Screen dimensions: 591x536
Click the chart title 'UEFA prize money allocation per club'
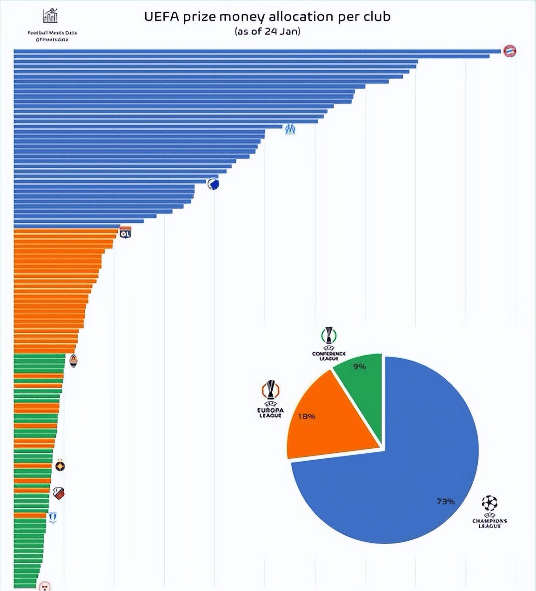pos(267,17)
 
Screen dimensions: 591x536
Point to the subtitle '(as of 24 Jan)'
pos(267,32)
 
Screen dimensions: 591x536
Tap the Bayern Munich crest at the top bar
pos(509,51)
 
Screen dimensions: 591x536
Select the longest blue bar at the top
pos(256,51)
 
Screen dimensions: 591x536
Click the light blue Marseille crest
pos(290,128)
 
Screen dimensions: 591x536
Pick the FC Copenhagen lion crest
pos(213,184)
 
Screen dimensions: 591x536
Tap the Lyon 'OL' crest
pos(125,232)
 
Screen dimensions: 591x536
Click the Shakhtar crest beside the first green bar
pos(73,361)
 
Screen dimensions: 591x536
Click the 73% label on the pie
pos(445,501)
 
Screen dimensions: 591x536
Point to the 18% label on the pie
pos(306,416)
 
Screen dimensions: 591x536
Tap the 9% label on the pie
pos(359,367)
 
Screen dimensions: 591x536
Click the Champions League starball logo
pos(489,503)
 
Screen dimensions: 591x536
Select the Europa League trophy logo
pos(270,390)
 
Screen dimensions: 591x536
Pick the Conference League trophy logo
pos(329,335)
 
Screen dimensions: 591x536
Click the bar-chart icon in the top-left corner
pos(50,16)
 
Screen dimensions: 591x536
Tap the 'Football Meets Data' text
pos(52,33)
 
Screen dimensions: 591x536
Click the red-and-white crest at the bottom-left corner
pos(45,586)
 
